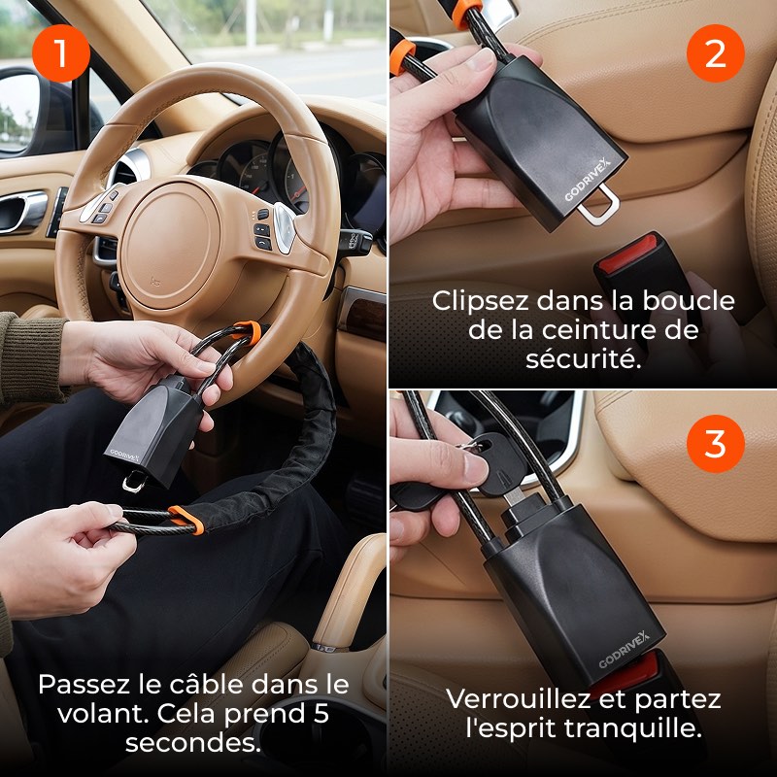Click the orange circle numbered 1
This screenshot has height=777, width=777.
point(61,53)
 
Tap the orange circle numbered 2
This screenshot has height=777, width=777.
point(715,53)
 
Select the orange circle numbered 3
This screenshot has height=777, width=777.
point(715,444)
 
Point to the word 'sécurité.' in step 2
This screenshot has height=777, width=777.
point(584,358)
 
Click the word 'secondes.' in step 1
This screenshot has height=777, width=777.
point(192,743)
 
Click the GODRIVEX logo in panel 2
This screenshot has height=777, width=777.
point(589,181)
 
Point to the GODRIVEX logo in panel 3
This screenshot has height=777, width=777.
point(624,649)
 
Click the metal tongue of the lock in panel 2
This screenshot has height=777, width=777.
point(599,205)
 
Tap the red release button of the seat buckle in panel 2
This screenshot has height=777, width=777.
point(627,253)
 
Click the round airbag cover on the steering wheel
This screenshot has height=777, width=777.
point(170,245)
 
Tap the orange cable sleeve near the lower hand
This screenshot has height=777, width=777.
point(186,520)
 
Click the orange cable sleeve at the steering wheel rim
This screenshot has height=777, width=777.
point(248,330)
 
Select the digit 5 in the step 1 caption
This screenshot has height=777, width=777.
point(321,713)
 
